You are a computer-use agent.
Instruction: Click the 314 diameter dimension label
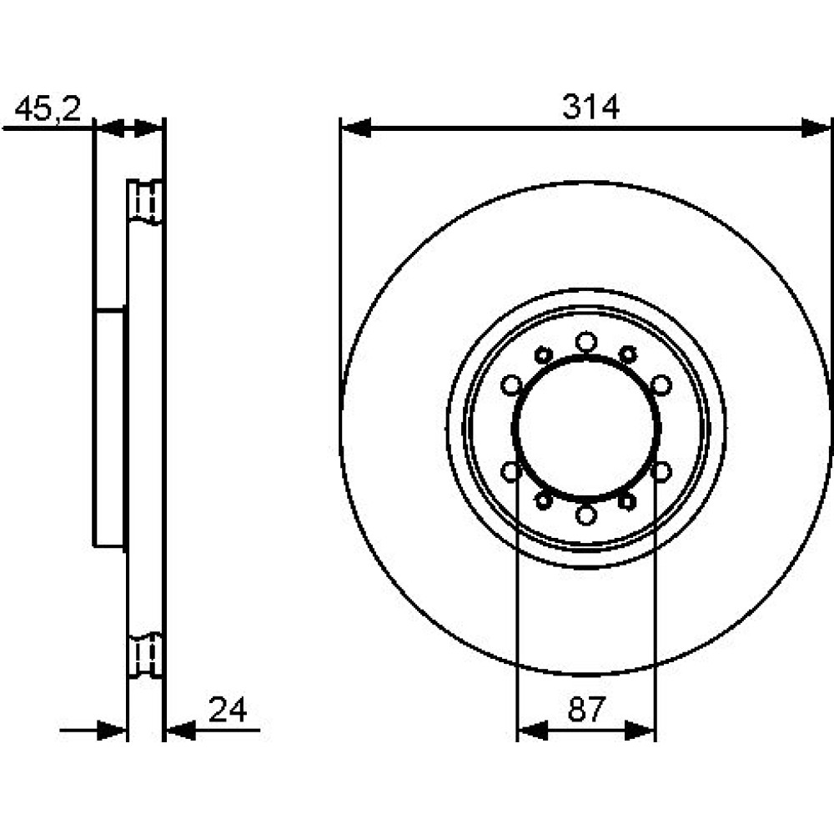point(591,107)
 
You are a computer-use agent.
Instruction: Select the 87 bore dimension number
point(586,708)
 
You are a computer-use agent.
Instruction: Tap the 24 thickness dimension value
point(228,710)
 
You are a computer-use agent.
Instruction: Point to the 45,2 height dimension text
point(48,109)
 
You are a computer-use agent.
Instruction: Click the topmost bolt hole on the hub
point(586,341)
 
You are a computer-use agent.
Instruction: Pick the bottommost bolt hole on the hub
point(586,515)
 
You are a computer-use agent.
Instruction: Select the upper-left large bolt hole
point(511,385)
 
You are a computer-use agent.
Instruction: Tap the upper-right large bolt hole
point(661,385)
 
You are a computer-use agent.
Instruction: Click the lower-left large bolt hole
point(511,471)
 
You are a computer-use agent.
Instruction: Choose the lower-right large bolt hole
point(661,471)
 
